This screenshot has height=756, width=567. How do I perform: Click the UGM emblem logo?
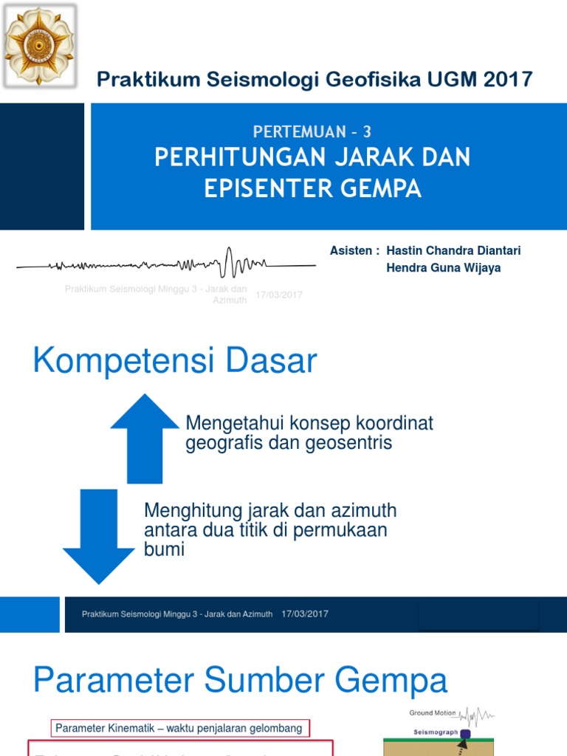click(x=39, y=44)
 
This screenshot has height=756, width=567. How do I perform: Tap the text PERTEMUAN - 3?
click(x=312, y=132)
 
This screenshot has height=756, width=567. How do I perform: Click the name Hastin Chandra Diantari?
click(x=453, y=250)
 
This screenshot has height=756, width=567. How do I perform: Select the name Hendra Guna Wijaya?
click(x=444, y=267)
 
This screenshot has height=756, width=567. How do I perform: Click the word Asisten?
click(x=351, y=250)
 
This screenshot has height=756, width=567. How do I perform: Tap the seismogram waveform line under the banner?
click(x=166, y=264)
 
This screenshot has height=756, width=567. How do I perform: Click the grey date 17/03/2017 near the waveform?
click(x=279, y=295)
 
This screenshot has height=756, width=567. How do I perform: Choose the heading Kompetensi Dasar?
click(x=175, y=362)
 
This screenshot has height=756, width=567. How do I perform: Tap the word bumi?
click(x=164, y=549)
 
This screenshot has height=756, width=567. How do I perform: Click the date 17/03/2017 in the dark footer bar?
click(x=305, y=614)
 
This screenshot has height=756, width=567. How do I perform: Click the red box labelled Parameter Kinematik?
click(x=179, y=729)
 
